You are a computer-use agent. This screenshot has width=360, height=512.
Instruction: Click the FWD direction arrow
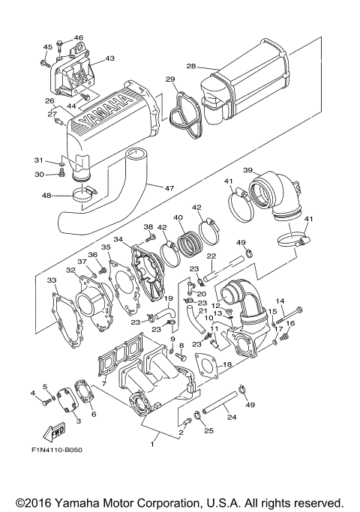[55, 433]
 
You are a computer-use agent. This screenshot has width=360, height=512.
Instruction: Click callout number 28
[191, 67]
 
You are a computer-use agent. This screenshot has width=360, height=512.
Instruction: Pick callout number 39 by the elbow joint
[248, 170]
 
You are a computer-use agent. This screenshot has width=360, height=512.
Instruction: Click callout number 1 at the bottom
[153, 445]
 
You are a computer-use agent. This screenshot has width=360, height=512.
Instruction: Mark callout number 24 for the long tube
[231, 417]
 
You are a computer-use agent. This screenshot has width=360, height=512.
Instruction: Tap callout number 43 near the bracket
[109, 58]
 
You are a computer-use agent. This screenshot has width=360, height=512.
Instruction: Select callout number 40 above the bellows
[178, 218]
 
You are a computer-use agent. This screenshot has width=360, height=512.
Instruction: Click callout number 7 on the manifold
[103, 384]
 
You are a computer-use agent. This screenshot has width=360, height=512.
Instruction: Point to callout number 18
[228, 364]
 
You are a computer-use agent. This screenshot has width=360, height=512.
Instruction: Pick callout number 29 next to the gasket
[170, 79]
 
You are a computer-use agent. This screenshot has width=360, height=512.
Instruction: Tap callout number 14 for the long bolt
[280, 301]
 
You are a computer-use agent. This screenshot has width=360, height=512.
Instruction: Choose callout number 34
[118, 239]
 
